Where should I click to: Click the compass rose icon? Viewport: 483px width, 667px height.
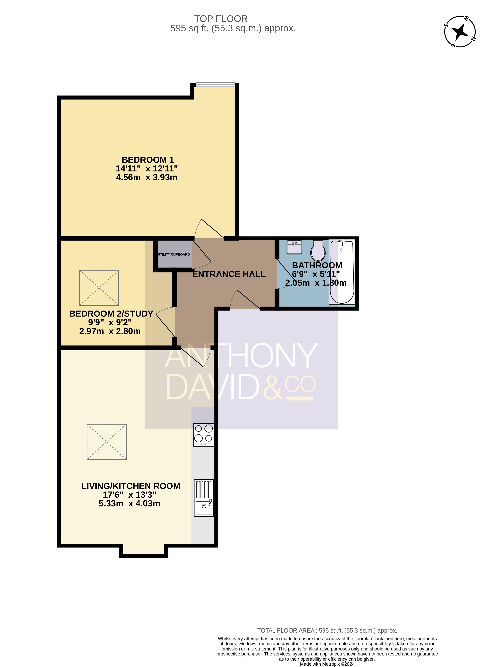click(460, 32)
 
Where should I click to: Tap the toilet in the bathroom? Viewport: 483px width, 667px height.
click(318, 251)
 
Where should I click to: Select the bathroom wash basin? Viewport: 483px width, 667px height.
click(294, 247)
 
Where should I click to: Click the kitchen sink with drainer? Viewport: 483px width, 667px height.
click(203, 498)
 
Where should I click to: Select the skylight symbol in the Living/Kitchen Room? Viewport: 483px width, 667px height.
click(107, 442)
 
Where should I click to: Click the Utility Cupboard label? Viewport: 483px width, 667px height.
click(174, 254)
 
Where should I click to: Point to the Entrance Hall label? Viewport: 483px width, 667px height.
click(229, 274)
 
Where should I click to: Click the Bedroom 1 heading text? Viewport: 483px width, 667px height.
click(148, 160)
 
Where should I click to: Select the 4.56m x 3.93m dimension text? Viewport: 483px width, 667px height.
click(147, 177)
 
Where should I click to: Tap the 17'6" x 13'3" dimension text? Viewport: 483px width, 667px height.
click(130, 495)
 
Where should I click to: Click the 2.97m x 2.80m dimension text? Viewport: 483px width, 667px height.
click(110, 331)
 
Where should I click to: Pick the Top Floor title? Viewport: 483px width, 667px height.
click(221, 19)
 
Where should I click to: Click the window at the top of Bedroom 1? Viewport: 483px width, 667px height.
click(216, 85)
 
